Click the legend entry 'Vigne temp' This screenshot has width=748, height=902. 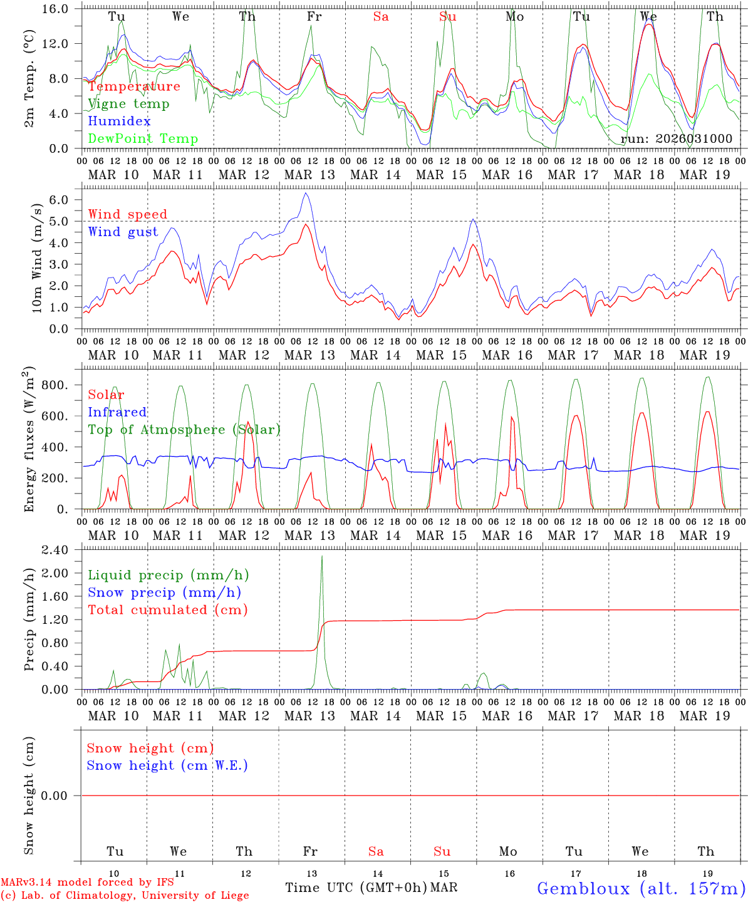(x=128, y=104)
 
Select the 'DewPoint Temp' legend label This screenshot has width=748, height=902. (x=143, y=139)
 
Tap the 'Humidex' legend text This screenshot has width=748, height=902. (x=119, y=122)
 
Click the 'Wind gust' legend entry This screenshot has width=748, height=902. (x=123, y=232)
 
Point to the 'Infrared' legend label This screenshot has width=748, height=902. (x=117, y=412)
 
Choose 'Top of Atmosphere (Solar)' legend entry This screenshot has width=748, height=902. (x=184, y=430)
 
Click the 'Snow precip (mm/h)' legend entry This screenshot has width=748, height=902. (x=164, y=593)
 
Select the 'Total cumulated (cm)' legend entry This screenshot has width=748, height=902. (x=167, y=610)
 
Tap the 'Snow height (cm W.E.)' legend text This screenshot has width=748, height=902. (x=167, y=765)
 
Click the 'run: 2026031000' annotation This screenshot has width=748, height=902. (x=676, y=139)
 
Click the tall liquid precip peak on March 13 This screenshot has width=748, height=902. (x=322, y=557)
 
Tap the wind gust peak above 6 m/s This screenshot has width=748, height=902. (x=305, y=194)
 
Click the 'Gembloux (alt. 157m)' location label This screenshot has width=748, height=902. (x=641, y=888)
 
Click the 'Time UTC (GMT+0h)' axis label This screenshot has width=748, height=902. (x=356, y=888)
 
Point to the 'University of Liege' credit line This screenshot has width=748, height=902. (x=125, y=896)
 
